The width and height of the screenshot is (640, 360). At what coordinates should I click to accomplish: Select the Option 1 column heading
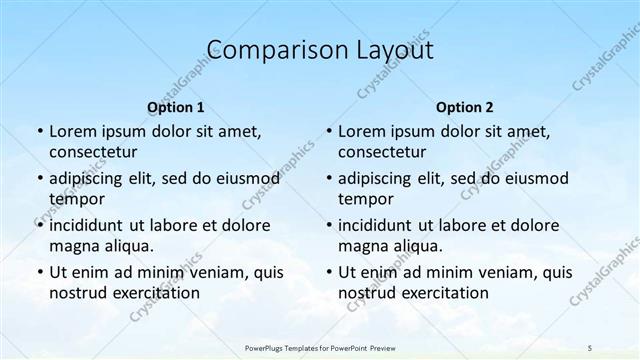pos(176,107)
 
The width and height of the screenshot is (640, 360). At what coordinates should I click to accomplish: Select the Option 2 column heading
pos(465,107)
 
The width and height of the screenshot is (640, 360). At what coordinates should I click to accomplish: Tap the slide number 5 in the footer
pos(590,346)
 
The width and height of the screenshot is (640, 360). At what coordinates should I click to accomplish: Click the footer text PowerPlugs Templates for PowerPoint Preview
pos(320,346)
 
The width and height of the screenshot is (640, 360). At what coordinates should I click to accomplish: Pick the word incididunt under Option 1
pos(90,225)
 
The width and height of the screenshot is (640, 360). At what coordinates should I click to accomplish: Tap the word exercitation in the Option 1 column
pos(154,293)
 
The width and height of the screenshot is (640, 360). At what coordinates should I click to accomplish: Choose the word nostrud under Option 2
pos(366,293)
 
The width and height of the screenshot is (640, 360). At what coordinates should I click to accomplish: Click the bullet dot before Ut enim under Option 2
pos(328,272)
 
